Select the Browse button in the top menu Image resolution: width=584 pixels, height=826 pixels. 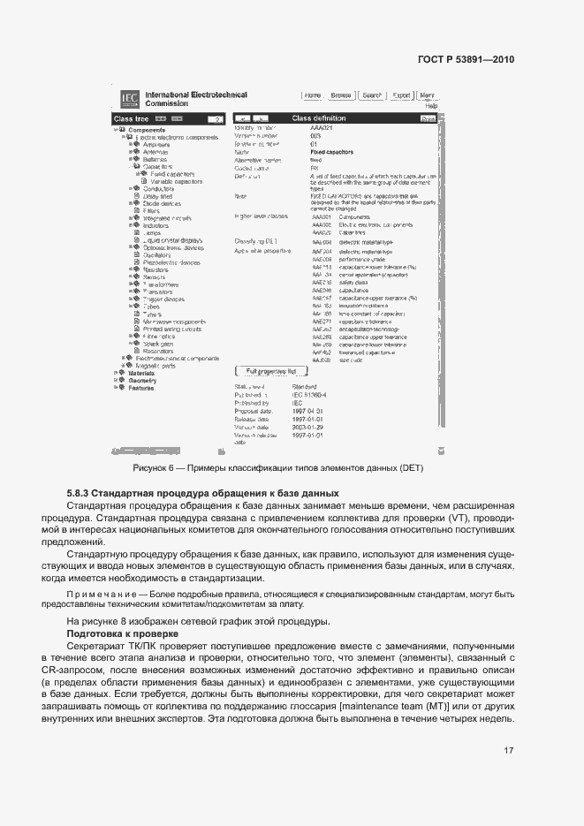coord(341,95)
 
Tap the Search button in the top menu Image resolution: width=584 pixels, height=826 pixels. coord(371,95)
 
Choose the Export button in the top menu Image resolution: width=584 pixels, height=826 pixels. coord(401,95)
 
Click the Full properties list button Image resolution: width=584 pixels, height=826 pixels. coord(271,396)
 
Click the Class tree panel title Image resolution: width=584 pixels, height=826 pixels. coord(130,118)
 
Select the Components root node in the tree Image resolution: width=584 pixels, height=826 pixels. coord(147,130)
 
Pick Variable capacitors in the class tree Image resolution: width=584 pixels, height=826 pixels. coord(171,182)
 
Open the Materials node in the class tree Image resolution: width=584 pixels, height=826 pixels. coord(141,374)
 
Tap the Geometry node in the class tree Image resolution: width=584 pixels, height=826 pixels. coord(142,381)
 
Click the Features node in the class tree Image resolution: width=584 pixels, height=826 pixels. coord(141,388)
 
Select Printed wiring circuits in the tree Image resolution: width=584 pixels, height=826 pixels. coord(172,330)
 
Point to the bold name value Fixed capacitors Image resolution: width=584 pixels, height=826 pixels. coord(331,152)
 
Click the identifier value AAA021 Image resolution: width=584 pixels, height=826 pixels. coord(321,129)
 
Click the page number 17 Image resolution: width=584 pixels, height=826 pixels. coord(509,751)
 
